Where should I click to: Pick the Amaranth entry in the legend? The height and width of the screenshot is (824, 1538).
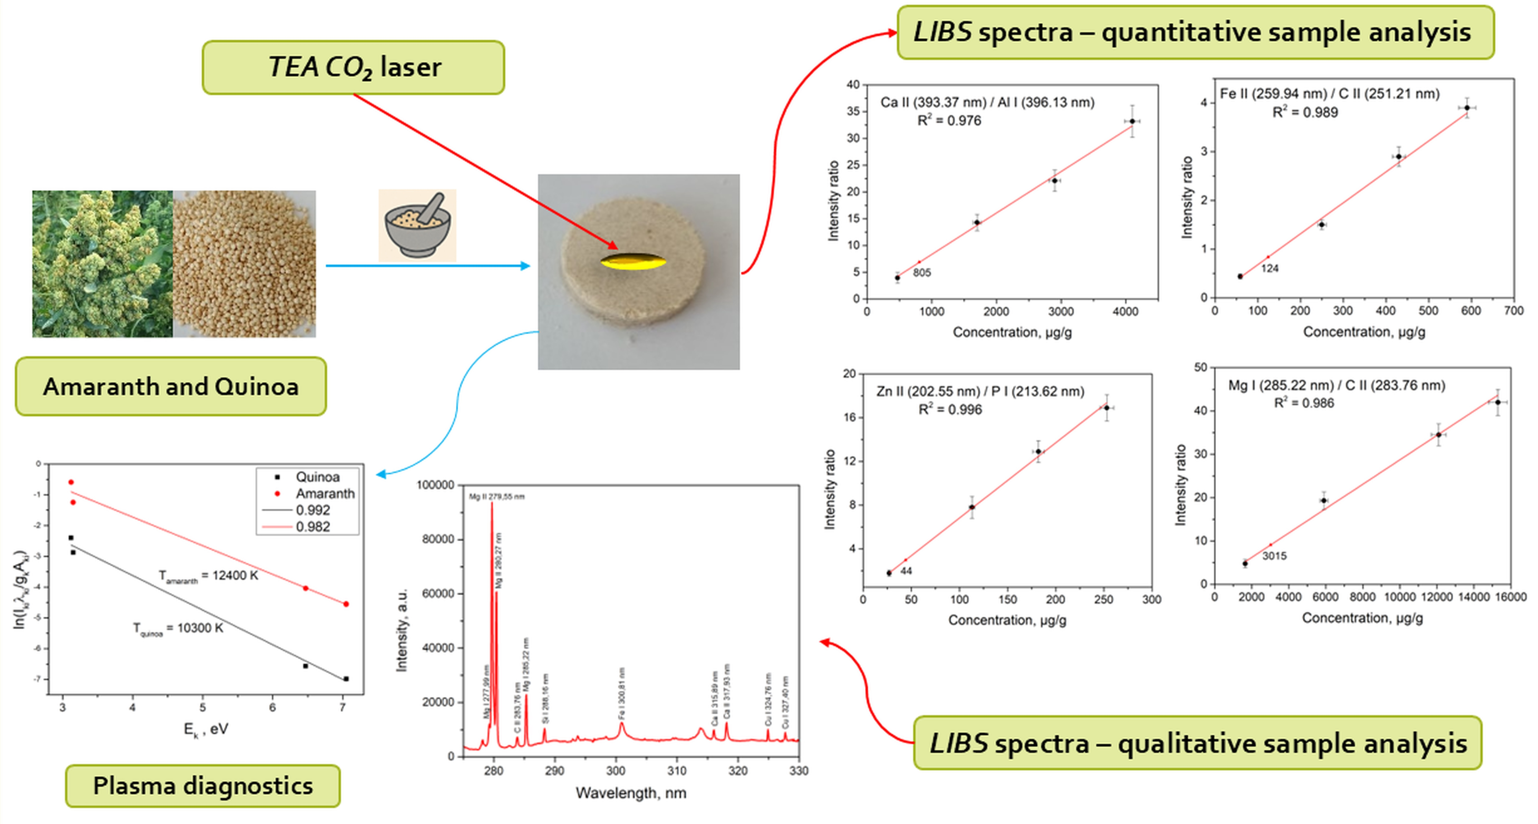pos(325,493)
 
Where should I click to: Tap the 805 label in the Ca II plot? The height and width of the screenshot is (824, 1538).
pos(921,273)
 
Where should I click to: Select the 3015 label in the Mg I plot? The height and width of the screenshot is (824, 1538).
pos(1274,556)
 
